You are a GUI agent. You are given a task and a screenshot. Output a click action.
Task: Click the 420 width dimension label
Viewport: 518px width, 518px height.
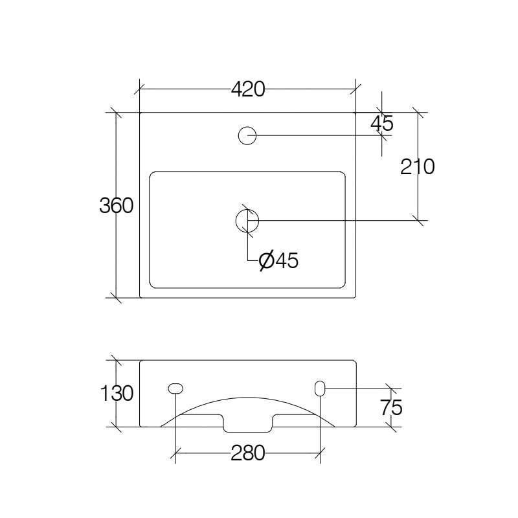pyautogui.click(x=249, y=90)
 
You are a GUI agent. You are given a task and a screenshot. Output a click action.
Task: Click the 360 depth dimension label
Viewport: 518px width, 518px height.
pyautogui.click(x=117, y=206)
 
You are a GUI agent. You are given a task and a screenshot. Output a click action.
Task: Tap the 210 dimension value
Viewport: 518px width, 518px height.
pyautogui.click(x=417, y=167)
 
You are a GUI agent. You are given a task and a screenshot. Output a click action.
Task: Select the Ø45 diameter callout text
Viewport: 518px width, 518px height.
pyautogui.click(x=278, y=260)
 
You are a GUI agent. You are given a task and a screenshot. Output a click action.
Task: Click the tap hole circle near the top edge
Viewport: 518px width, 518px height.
pyautogui.click(x=247, y=135)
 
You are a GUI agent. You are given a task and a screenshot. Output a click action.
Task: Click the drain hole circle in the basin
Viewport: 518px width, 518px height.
pyautogui.click(x=247, y=220)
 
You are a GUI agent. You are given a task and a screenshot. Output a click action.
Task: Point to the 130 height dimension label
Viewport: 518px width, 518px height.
pyautogui.click(x=117, y=393)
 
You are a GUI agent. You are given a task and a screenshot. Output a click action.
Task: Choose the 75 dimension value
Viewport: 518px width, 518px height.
pyautogui.click(x=391, y=407)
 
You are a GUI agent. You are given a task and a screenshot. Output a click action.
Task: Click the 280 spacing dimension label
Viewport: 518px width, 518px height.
pyautogui.click(x=248, y=454)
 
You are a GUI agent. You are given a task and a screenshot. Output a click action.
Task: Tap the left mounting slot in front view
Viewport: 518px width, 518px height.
pyautogui.click(x=175, y=388)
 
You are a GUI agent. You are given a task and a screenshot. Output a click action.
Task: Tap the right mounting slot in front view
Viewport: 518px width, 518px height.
pyautogui.click(x=320, y=388)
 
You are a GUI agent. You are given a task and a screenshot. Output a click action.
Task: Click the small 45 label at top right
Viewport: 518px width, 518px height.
pyautogui.click(x=382, y=122)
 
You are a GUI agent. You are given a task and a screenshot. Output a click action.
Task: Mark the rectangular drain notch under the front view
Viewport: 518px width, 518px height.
pyautogui.click(x=248, y=424)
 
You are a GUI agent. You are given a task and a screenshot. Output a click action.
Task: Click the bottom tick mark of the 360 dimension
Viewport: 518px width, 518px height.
pyautogui.click(x=116, y=298)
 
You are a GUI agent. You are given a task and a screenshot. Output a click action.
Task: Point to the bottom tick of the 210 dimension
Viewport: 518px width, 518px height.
pyautogui.click(x=418, y=221)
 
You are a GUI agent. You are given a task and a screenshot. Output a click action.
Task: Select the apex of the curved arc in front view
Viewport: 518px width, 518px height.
pyautogui.click(x=248, y=398)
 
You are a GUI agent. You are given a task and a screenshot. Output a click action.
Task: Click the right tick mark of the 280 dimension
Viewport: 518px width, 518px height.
pyautogui.click(x=320, y=454)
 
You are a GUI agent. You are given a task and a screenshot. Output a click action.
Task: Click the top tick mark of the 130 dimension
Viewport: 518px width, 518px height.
pyautogui.click(x=116, y=360)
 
